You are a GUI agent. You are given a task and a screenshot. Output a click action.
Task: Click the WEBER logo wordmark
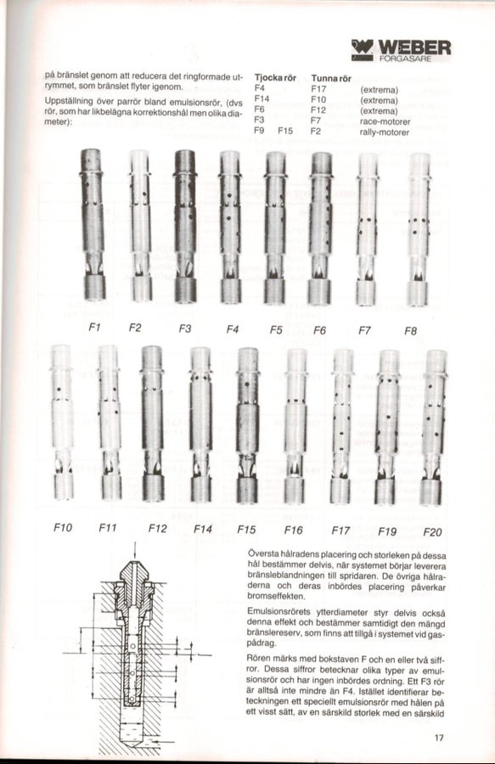(414, 48)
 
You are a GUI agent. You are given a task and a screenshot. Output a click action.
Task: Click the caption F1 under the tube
(94, 328)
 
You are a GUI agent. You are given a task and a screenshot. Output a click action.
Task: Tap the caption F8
(410, 331)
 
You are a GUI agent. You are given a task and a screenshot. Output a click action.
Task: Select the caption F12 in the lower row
(157, 529)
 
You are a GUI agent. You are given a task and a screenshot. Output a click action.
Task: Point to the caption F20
(432, 531)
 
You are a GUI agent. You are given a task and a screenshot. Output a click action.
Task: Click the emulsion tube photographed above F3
(185, 226)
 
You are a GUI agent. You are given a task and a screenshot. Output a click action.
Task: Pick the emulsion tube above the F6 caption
(319, 228)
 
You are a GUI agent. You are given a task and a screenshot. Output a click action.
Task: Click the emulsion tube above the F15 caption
(248, 425)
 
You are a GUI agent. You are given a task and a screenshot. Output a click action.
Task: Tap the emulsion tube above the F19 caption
(387, 427)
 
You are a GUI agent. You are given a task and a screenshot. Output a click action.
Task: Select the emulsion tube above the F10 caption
(62, 422)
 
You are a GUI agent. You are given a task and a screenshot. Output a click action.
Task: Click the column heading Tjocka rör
(275, 78)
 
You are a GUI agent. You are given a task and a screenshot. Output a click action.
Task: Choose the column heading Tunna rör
(331, 78)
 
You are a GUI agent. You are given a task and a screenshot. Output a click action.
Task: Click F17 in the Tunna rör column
(318, 89)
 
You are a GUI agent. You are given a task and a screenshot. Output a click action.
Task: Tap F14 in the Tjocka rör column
(262, 99)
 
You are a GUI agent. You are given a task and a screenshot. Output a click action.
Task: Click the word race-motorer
(385, 121)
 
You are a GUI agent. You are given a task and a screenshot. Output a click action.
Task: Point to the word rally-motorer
(385, 132)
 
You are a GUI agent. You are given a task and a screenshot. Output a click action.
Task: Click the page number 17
(439, 738)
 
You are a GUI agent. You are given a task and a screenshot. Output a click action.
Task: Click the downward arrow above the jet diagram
(134, 551)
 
